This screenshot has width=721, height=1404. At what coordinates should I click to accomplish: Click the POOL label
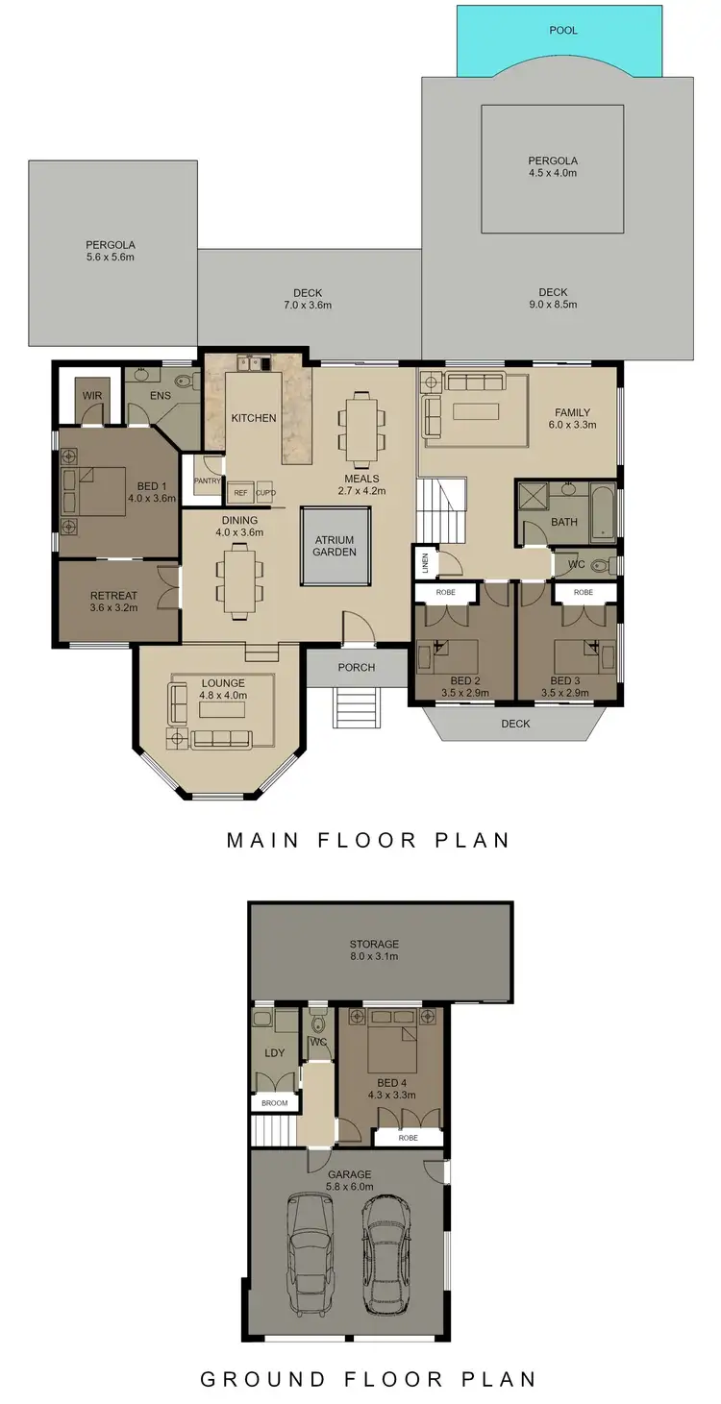click(563, 30)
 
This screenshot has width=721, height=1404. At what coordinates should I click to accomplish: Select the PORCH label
click(356, 667)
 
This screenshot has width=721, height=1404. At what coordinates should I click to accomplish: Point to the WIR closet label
click(91, 396)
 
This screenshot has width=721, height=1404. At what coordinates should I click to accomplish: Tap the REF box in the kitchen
click(240, 493)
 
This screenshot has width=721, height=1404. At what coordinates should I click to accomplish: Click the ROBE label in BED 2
click(446, 593)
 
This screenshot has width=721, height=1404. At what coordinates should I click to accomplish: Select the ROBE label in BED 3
click(583, 593)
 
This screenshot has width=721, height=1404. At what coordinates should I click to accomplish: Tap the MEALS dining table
click(360, 423)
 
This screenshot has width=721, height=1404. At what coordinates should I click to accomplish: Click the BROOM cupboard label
click(274, 1102)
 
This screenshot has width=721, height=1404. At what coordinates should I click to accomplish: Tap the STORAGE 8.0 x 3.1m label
click(375, 949)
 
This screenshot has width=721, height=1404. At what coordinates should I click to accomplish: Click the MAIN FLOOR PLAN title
click(367, 840)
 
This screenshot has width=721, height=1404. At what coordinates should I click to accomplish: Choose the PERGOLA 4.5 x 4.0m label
click(552, 166)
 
